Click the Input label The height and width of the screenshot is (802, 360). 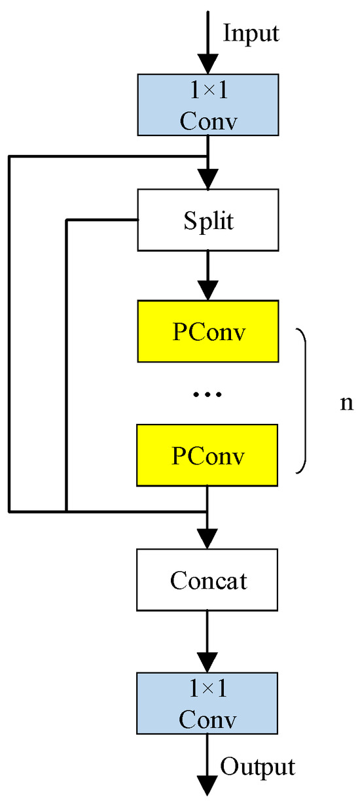[x=251, y=33]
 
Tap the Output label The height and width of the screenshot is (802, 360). [x=257, y=766]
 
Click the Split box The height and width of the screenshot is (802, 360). [x=207, y=220]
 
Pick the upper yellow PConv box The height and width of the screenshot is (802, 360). [x=207, y=332]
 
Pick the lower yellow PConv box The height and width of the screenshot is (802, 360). [x=207, y=455]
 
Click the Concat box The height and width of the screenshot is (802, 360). [x=207, y=580]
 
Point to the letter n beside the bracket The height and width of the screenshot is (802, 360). [x=346, y=402]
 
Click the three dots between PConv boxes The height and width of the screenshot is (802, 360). [x=209, y=394]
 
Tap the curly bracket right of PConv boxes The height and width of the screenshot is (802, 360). [x=302, y=400]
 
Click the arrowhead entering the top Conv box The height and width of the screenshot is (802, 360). [x=207, y=63]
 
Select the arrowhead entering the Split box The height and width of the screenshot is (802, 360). [x=207, y=178]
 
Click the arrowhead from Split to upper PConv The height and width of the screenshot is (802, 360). [x=207, y=289]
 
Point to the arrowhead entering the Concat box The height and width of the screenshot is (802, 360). [x=207, y=538]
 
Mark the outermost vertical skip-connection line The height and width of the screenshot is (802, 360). [x=9, y=334]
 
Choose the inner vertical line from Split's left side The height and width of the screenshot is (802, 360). [x=67, y=366]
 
